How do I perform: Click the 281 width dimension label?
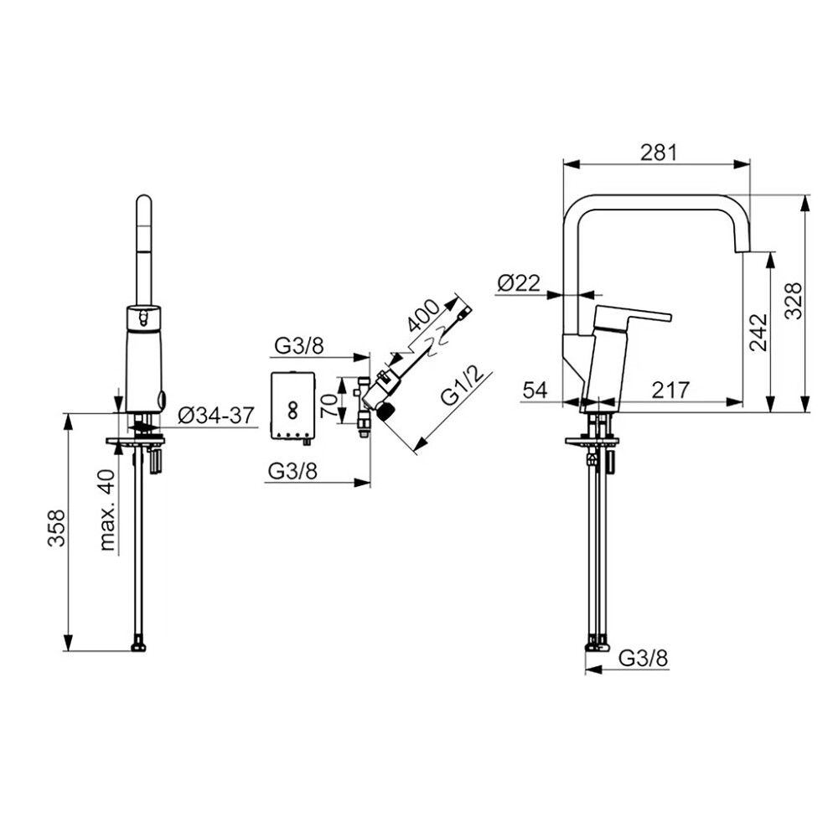[659, 153]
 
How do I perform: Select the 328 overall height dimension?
[794, 301]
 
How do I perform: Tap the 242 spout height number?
[758, 332]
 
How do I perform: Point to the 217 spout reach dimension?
[670, 391]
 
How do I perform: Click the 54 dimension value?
[535, 391]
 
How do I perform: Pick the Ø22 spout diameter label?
[519, 282]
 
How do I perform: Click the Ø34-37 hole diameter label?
[216, 416]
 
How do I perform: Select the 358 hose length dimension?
[57, 528]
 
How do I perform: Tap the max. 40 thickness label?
[107, 510]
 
